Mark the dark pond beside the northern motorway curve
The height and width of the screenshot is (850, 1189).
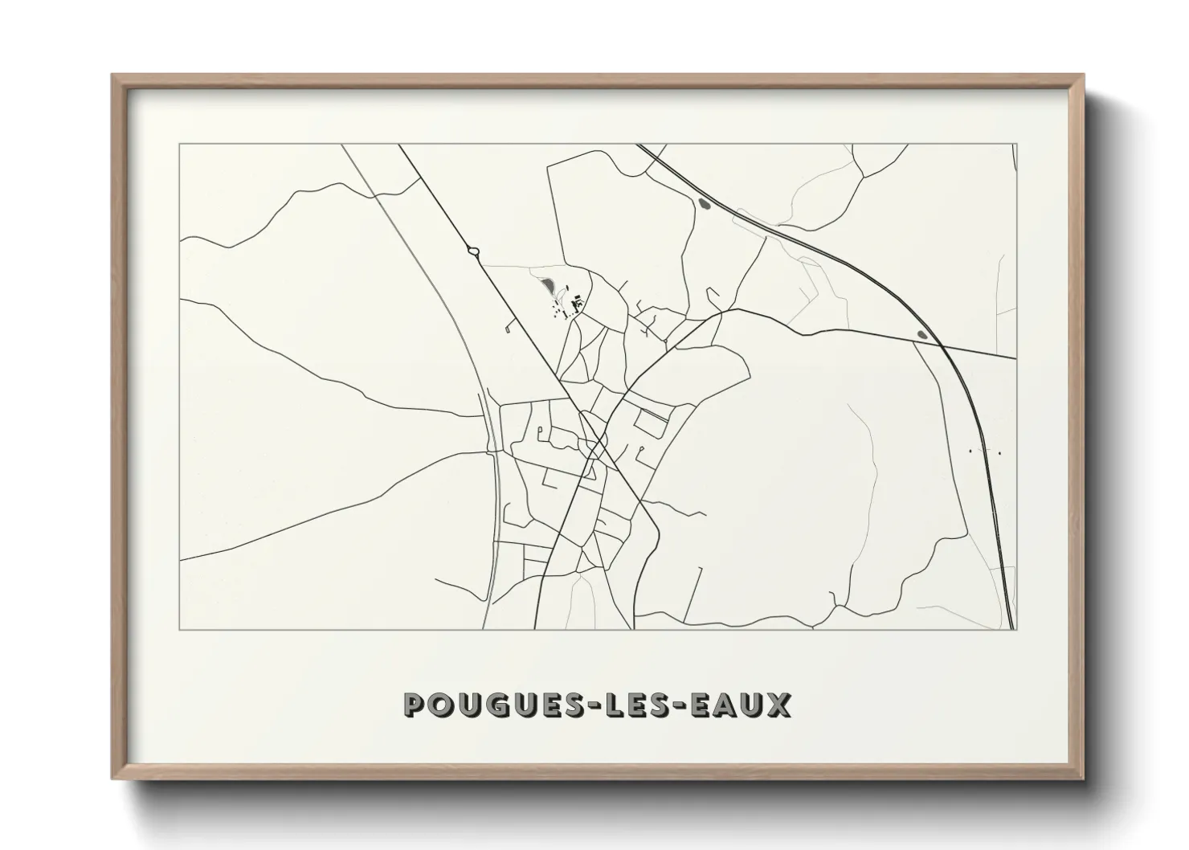tap(705, 205)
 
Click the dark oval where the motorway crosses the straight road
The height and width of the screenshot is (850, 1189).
tap(922, 334)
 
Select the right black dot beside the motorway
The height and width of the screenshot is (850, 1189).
tap(999, 453)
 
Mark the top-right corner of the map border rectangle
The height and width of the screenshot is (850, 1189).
tap(1017, 145)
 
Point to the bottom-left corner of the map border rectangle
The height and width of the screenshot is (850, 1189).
tap(180, 629)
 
